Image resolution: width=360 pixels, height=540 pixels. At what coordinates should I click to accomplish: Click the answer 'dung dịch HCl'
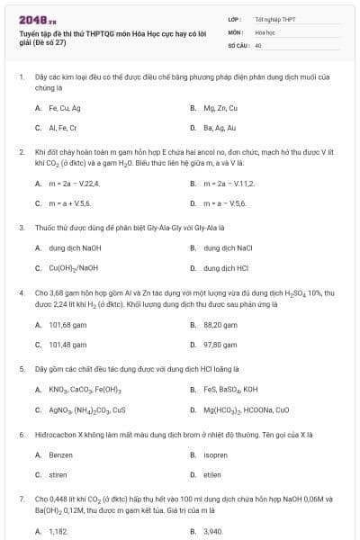(x=225, y=267)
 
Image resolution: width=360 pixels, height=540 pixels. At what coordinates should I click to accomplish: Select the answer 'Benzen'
(x=61, y=454)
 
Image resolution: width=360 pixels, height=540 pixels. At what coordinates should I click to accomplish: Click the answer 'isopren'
(x=217, y=454)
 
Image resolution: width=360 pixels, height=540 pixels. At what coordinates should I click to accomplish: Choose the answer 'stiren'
(x=58, y=474)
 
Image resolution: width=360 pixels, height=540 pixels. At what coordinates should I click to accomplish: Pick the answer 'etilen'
(x=213, y=474)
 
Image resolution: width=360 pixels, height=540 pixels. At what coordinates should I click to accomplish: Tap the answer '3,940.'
(x=213, y=532)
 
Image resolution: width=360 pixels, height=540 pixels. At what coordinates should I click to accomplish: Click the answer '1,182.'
(x=58, y=532)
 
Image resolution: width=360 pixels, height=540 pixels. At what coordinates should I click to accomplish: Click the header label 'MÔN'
(x=236, y=31)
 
